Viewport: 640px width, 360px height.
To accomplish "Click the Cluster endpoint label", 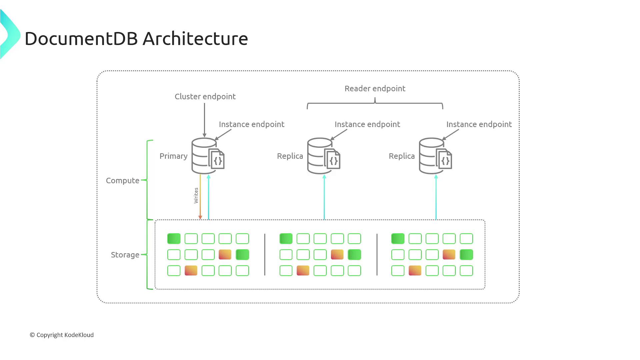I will point(205,97).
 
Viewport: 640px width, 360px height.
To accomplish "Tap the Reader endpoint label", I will point(375,89).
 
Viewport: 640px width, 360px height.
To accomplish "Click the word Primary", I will point(173,156).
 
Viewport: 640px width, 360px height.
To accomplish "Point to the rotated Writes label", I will point(196,196).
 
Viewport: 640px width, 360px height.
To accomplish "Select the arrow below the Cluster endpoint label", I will point(205,120).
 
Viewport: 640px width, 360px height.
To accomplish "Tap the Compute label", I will point(122,181).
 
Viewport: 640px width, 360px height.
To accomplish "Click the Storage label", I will point(125,255).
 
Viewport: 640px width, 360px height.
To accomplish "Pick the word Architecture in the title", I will point(195,39).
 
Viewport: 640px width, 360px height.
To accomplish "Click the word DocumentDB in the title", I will point(81,39).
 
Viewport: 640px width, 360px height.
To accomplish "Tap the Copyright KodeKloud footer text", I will point(62,335).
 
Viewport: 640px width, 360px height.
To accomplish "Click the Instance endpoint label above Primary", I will point(251,124).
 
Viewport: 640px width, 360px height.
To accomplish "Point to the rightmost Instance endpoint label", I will point(479,124).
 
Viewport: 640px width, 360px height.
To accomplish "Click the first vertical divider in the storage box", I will point(265,255).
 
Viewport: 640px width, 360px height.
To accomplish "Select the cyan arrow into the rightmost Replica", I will point(436,197).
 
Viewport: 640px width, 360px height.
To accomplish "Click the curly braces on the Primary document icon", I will point(218,161).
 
